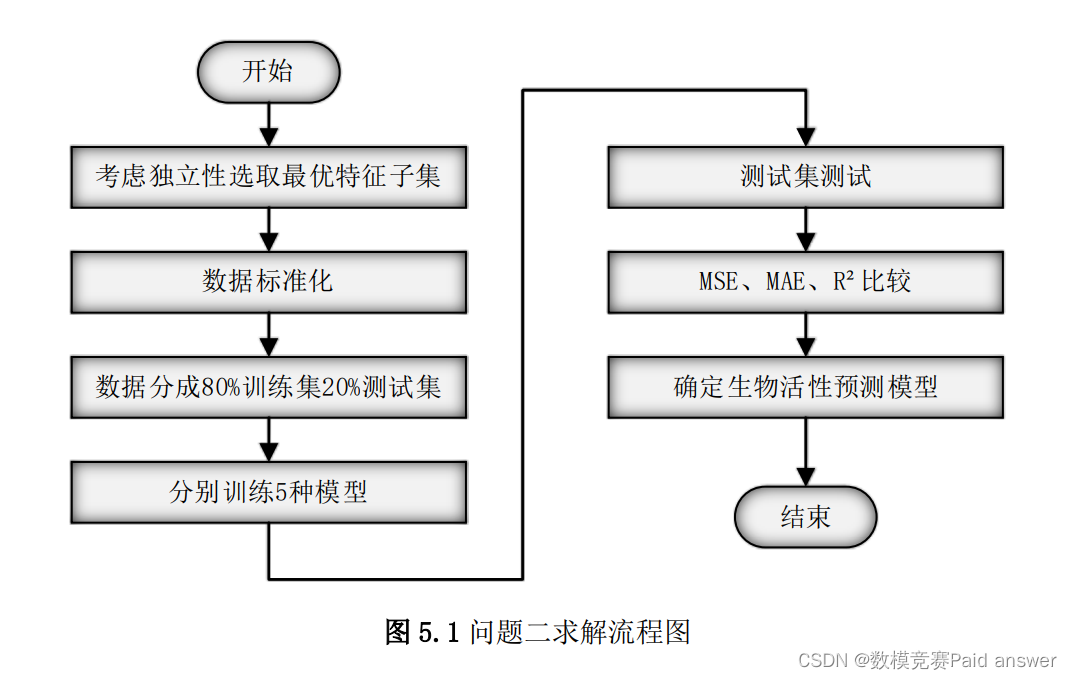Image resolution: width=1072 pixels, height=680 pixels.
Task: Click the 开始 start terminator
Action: [268, 72]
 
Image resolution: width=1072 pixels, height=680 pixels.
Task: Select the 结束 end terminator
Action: [805, 518]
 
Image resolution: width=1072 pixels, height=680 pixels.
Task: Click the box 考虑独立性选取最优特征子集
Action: [268, 177]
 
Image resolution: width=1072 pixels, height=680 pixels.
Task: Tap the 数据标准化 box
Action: [268, 282]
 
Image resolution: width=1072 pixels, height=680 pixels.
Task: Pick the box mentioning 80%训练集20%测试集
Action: [268, 387]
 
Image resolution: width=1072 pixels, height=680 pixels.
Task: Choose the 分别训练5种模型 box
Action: [268, 492]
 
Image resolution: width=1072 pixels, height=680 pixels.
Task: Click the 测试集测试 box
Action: [805, 177]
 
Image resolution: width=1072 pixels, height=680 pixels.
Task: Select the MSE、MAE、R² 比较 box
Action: [805, 282]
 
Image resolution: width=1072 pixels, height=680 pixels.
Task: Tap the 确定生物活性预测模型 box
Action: [805, 387]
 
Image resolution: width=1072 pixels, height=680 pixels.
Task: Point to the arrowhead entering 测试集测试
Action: [805, 138]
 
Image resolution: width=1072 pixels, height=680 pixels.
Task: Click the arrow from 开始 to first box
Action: [268, 125]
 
